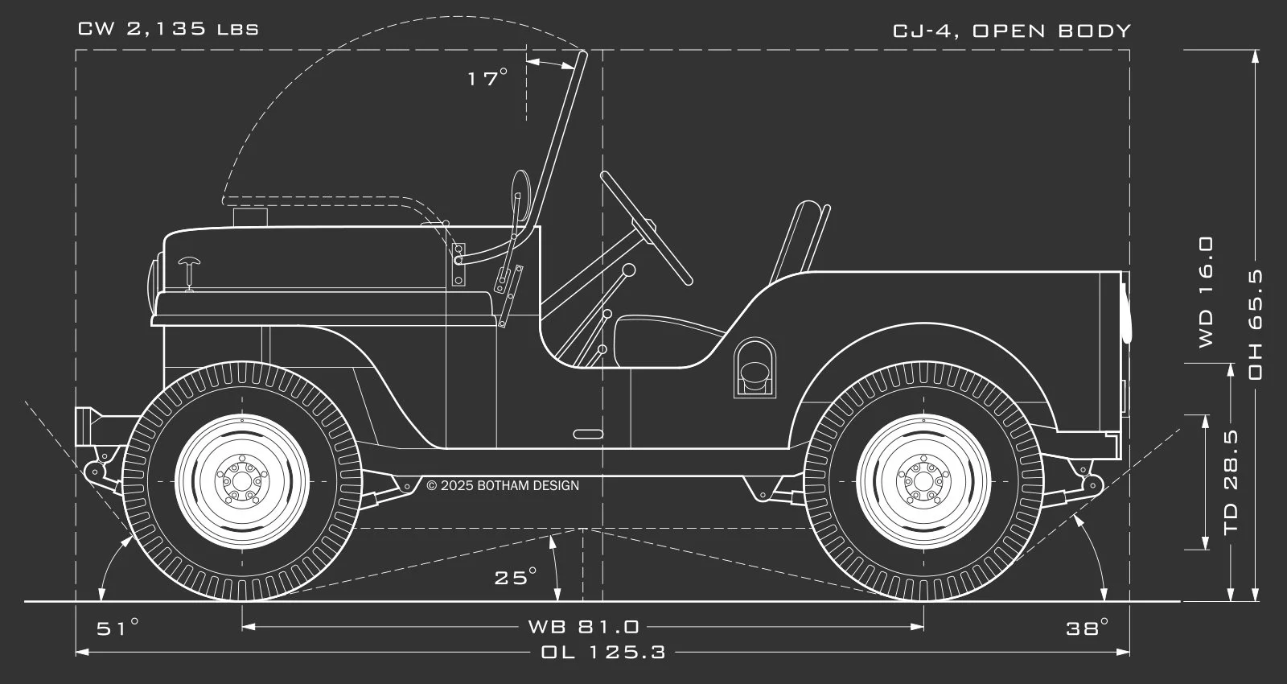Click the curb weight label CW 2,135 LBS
(168, 30)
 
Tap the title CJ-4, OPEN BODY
(1012, 31)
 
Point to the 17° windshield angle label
(487, 78)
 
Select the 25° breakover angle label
(515, 577)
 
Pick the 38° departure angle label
(1088, 628)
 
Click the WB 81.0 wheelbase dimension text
(583, 626)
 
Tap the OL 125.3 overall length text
(603, 652)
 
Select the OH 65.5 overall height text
(1255, 324)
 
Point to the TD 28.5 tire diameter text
(1231, 483)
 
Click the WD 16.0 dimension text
(1206, 291)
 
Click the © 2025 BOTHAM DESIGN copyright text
(503, 485)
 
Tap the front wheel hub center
(242, 481)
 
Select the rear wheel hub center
(923, 481)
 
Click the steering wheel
(646, 227)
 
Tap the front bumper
(84, 426)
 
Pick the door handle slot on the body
(589, 434)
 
